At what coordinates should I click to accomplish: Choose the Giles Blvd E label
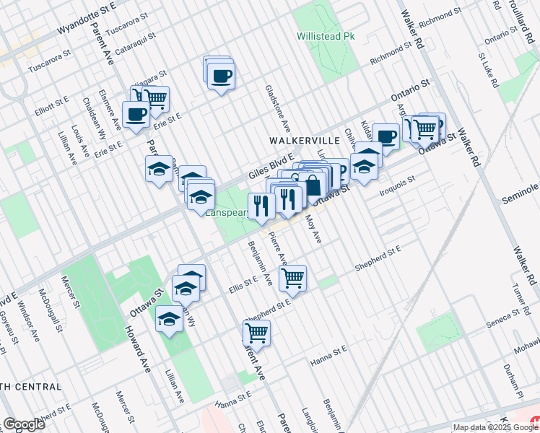(x=271, y=165)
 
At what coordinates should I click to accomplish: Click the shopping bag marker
(x=313, y=184)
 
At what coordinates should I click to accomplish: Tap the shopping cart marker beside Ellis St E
(x=293, y=277)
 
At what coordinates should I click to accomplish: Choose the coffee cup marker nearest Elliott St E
(x=136, y=113)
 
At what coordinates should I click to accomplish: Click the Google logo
(x=24, y=424)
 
